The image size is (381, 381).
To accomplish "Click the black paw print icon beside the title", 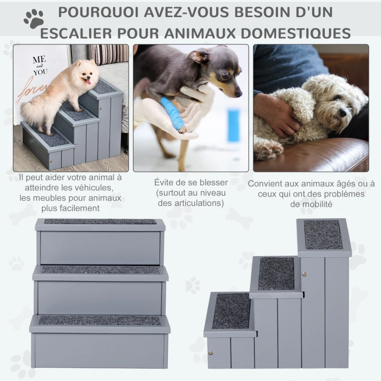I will coord(33,18).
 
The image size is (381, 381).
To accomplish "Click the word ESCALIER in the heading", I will coord(85,33).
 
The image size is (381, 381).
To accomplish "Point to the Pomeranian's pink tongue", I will coord(87,82).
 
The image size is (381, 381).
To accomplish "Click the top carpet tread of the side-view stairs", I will coord(323,234).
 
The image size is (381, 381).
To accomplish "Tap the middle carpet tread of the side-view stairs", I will coord(276,273).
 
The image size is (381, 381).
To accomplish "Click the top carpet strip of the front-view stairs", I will coord(100,221).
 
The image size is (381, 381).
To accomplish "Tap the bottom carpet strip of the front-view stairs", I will coord(100,321).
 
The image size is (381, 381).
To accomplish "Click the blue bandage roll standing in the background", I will coord(233,125).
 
